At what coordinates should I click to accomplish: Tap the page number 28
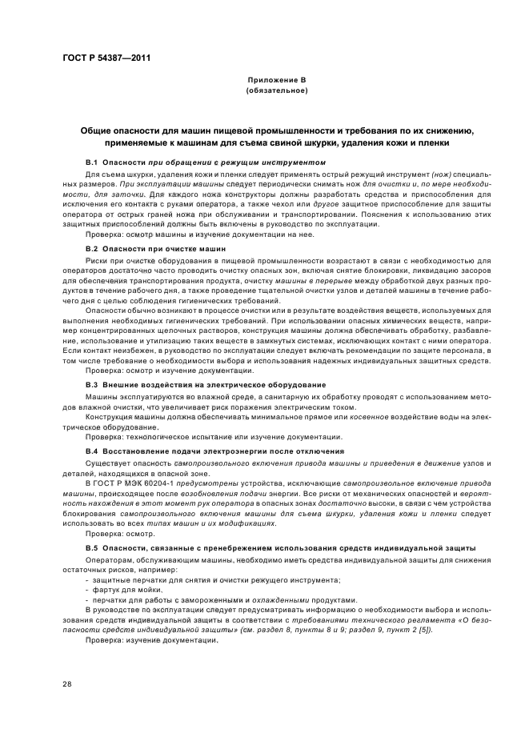click(67, 683)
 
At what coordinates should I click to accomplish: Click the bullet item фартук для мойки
click(122, 589)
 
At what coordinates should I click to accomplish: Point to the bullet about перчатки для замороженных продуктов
click(221, 599)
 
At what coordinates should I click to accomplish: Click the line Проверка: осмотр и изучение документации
click(158, 370)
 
